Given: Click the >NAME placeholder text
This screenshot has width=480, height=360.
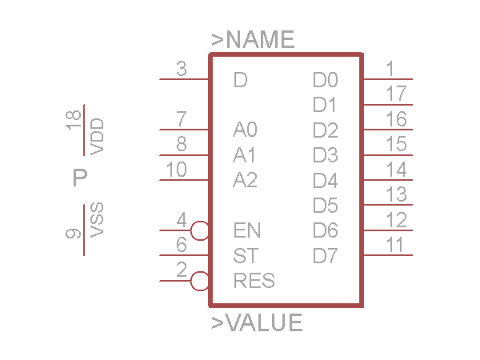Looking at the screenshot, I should point(253,39).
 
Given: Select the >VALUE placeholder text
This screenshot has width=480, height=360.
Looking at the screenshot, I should point(257,323).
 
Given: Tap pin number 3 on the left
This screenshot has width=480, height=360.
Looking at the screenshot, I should point(182,70).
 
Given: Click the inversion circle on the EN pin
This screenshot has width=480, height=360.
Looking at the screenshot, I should point(201,231).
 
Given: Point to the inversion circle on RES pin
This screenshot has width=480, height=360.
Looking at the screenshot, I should point(201,282).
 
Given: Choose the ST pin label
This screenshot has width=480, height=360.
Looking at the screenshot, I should point(245,256).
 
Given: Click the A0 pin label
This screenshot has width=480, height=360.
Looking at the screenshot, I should point(245,130).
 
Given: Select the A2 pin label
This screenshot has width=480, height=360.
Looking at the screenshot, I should point(245,180).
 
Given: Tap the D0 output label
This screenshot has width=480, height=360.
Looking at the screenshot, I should point(326,80).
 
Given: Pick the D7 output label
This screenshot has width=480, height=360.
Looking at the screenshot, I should point(326,256).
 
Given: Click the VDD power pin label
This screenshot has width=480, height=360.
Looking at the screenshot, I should point(98,137).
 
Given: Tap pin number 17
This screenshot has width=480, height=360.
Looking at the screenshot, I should point(395,94).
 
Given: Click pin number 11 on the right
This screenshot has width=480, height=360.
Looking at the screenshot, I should point(394,245).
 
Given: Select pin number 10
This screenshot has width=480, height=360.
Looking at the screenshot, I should point(177,170).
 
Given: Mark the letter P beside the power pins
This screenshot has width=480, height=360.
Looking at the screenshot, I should point(79,178).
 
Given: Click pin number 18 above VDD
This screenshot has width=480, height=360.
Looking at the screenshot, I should point(74,122).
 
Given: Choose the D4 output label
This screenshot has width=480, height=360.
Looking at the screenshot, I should point(326,180).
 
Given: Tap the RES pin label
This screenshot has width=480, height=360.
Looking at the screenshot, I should point(254,282).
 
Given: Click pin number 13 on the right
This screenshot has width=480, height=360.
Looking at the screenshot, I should point(395,194).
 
